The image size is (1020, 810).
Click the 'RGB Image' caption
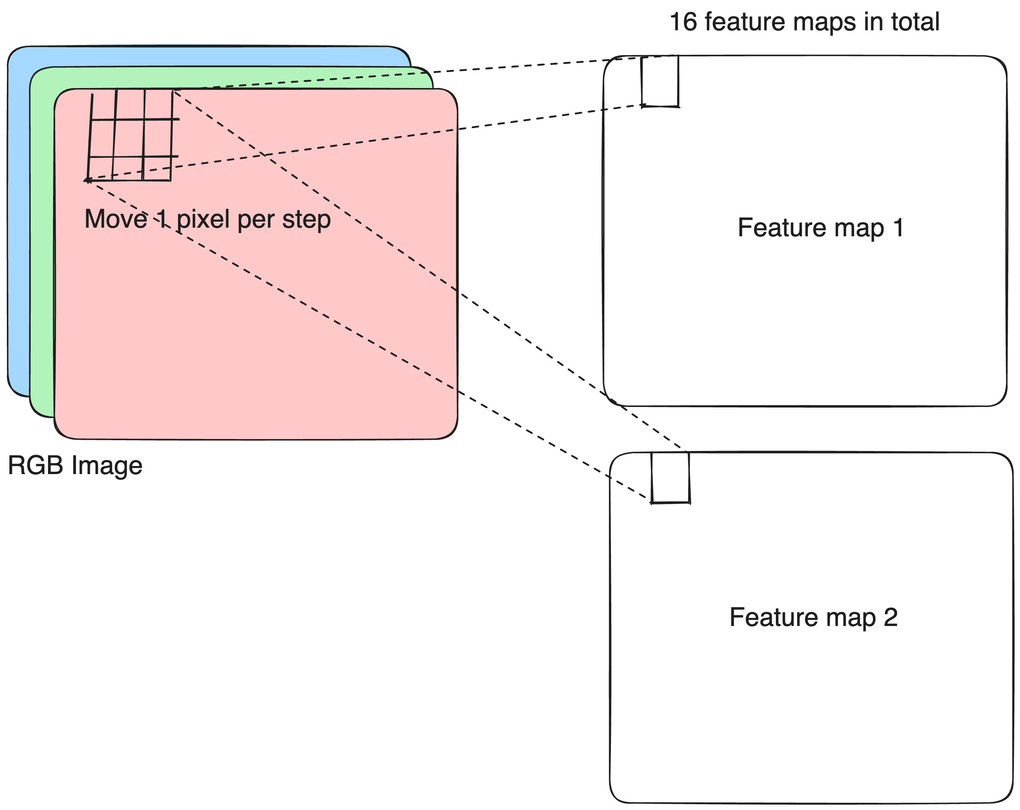point(75,465)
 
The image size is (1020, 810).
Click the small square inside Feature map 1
point(660,81)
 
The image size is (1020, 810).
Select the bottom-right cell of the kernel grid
point(157,168)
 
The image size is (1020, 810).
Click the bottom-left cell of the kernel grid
point(100,168)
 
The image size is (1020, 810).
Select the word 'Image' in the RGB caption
point(107,465)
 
